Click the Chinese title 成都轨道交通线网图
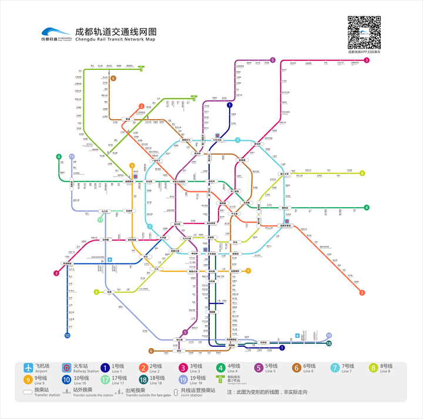115,30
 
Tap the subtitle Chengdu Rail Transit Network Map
116,39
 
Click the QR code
364,32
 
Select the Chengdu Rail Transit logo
55,35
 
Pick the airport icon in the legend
28,369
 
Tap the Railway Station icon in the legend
66,369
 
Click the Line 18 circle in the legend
143,380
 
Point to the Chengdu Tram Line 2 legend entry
220,380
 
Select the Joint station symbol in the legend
175,391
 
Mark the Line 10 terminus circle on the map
68,336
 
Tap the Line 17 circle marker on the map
100,220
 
